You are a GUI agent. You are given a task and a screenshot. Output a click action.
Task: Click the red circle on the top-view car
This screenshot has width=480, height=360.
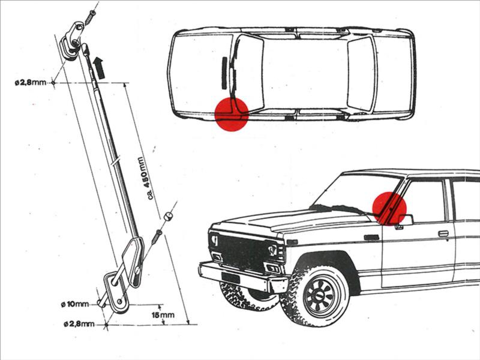(232, 114)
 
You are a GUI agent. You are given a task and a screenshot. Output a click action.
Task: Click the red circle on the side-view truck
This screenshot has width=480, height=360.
(389, 208)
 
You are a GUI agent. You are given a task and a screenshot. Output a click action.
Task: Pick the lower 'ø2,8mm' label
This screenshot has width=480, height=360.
(79, 325)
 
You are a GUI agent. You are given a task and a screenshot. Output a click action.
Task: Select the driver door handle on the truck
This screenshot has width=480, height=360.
(443, 233)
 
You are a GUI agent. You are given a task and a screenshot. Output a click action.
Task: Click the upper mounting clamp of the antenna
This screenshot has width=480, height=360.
(73, 37)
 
